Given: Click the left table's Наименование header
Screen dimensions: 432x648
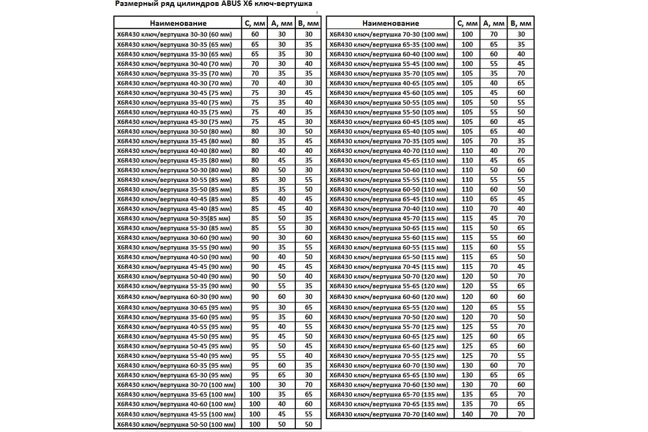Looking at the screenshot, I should tap(178, 23).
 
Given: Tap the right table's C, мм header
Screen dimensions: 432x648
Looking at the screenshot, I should tap(467, 23).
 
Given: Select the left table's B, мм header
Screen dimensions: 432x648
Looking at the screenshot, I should tap(309, 23).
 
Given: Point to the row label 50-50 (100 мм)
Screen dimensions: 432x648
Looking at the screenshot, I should tap(176, 424).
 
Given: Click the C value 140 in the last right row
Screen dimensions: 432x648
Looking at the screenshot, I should tap(467, 414).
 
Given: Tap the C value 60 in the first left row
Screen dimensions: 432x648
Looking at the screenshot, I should tap(255, 34).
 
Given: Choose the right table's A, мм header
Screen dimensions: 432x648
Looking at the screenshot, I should tap(494, 23).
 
